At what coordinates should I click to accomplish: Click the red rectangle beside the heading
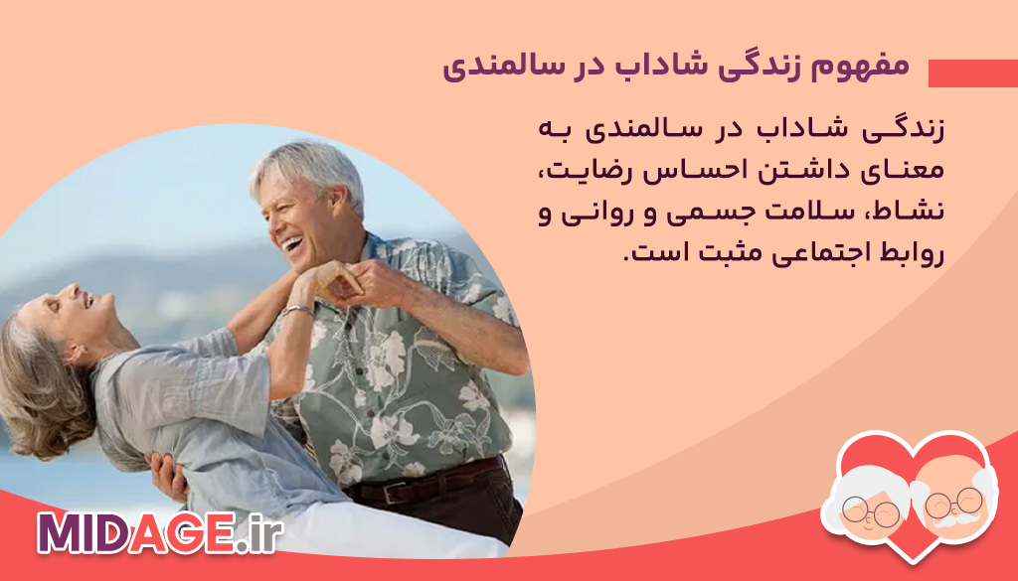[972, 73]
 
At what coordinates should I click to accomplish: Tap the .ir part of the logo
[260, 532]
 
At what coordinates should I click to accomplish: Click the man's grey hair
[304, 165]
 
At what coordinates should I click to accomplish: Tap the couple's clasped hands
[338, 280]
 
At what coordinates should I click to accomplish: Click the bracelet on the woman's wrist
[296, 311]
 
